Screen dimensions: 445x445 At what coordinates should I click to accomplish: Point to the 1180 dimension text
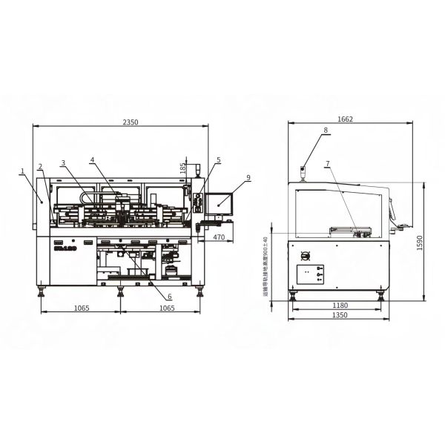point(339,305)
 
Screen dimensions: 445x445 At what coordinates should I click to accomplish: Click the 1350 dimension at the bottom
point(339,316)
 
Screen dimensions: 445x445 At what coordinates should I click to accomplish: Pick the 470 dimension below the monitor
point(219,237)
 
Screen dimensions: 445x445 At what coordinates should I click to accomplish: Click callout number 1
point(23,171)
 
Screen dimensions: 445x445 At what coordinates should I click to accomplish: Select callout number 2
point(41,166)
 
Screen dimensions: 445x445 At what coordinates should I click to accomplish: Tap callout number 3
point(64,162)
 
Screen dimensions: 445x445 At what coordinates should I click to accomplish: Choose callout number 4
point(92,159)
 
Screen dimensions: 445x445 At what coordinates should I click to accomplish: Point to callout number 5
point(219,159)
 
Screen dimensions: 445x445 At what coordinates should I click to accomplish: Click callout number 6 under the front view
point(169,275)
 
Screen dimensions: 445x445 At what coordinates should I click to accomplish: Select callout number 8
point(325,131)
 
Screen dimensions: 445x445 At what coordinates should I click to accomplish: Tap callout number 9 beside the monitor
point(248,177)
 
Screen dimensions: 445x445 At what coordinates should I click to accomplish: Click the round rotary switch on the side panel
point(303,256)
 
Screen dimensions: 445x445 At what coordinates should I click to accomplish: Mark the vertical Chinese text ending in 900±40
point(265,266)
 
